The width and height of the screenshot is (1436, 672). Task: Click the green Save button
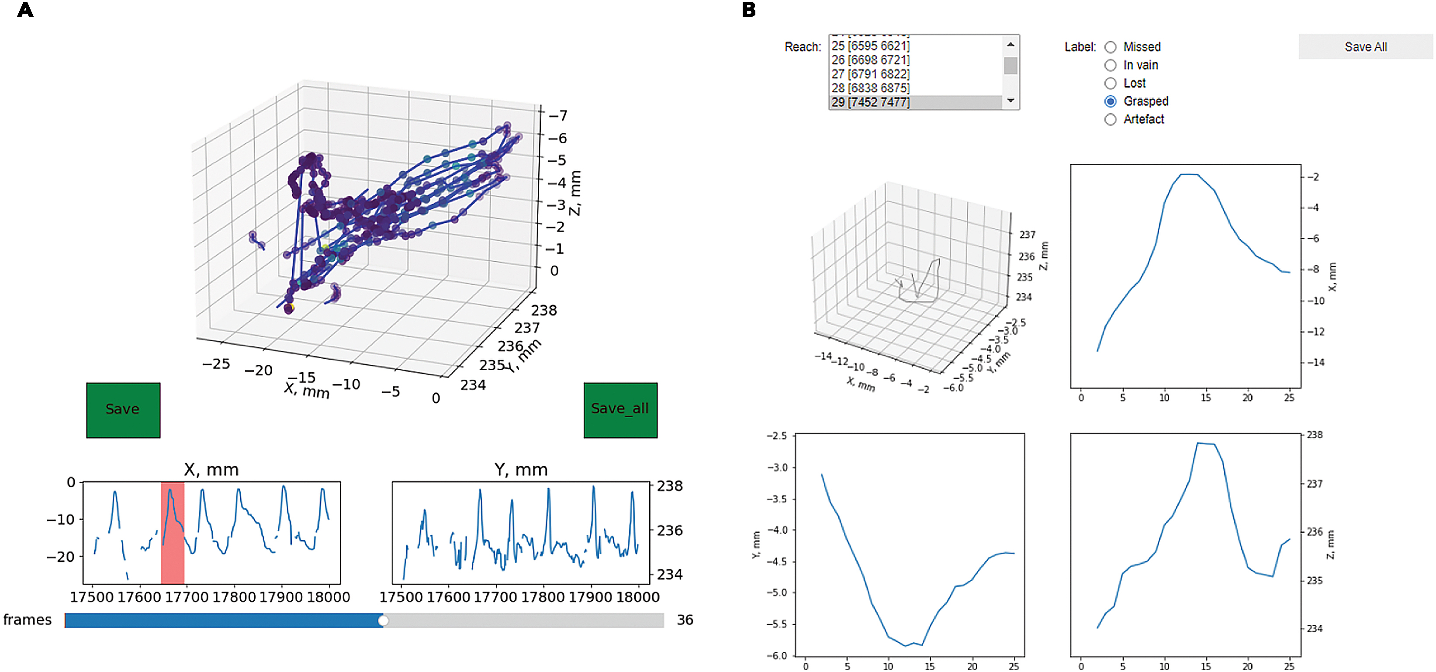pos(123,410)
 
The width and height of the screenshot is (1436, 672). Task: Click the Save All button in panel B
pos(1365,47)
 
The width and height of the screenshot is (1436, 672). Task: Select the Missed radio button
pos(1110,47)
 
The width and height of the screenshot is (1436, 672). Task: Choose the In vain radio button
pos(1110,65)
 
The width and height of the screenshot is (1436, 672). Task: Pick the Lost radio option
pos(1110,83)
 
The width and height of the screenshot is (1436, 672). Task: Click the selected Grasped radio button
pos(1110,101)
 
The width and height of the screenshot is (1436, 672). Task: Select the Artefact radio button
pos(1110,119)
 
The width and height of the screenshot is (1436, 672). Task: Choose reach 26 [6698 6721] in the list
pos(870,60)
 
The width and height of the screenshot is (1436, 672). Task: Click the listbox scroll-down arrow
pos(1010,101)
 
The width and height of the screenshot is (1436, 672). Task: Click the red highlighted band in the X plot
pos(172,533)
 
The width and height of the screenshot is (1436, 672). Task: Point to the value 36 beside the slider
pos(685,620)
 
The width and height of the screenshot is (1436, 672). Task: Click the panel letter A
pos(25,10)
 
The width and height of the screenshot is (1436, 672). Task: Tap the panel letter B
pos(749,10)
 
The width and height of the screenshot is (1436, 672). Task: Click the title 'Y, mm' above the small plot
pos(521,470)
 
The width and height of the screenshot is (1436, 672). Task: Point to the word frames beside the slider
pos(28,620)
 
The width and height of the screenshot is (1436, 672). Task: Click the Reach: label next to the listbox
pos(802,47)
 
